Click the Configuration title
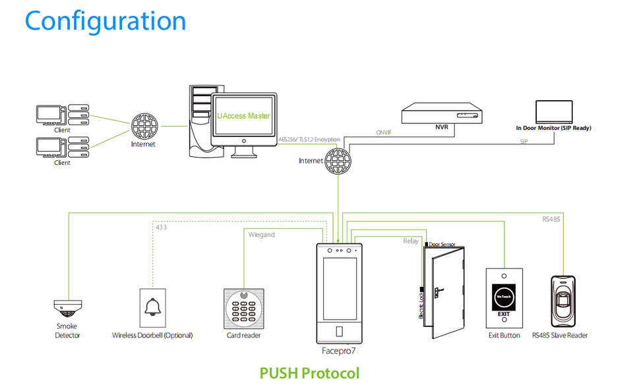105,21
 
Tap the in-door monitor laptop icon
553,110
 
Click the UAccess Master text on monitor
243,116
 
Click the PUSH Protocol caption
310,373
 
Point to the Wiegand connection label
262,235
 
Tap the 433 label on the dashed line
161,227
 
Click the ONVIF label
384,133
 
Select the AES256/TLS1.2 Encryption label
309,140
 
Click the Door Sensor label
442,244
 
